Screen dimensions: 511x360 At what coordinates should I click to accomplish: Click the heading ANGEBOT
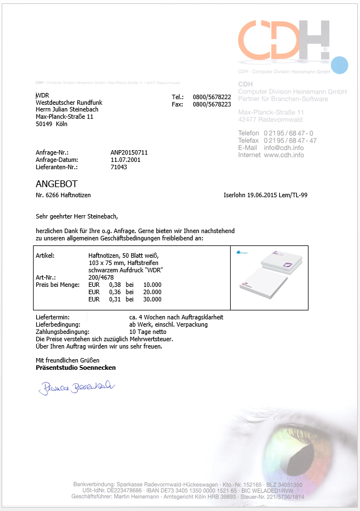pyautogui.click(x=57, y=184)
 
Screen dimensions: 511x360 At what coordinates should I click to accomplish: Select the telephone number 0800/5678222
pyautogui.click(x=212, y=97)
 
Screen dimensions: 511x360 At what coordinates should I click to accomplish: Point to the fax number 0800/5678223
pyautogui.click(x=212, y=104)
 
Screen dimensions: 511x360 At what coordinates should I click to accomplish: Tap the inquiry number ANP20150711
pyautogui.click(x=129, y=152)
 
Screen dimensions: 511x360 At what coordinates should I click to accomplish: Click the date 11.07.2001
pyautogui.click(x=125, y=160)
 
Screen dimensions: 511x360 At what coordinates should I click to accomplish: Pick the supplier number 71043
pyautogui.click(x=119, y=167)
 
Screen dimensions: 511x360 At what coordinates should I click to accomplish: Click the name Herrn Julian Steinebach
pyautogui.click(x=67, y=110)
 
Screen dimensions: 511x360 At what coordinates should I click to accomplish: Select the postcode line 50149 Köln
pyautogui.click(x=52, y=124)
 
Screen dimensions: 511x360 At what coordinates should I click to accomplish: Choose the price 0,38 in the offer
pyautogui.click(x=115, y=285)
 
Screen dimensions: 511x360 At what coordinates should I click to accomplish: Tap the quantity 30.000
pyautogui.click(x=152, y=299)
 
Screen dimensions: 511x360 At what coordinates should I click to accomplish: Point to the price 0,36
pyautogui.click(x=115, y=292)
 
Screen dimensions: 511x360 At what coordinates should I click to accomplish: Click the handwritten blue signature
pyautogui.click(x=76, y=386)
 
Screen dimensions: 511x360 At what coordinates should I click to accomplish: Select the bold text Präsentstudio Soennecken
pyautogui.click(x=76, y=368)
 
